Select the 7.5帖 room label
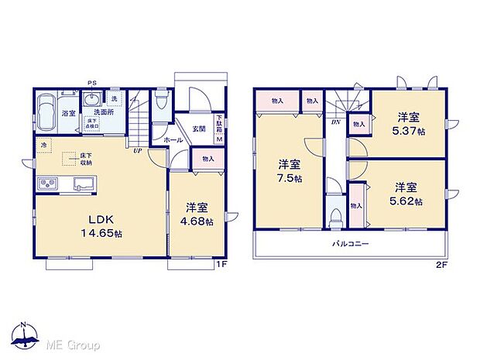coord(291,171)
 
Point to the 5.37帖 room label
coord(408,124)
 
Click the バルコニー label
coord(350,244)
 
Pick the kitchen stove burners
coord(48,183)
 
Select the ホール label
coord(173,140)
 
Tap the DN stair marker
coord(336,122)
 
